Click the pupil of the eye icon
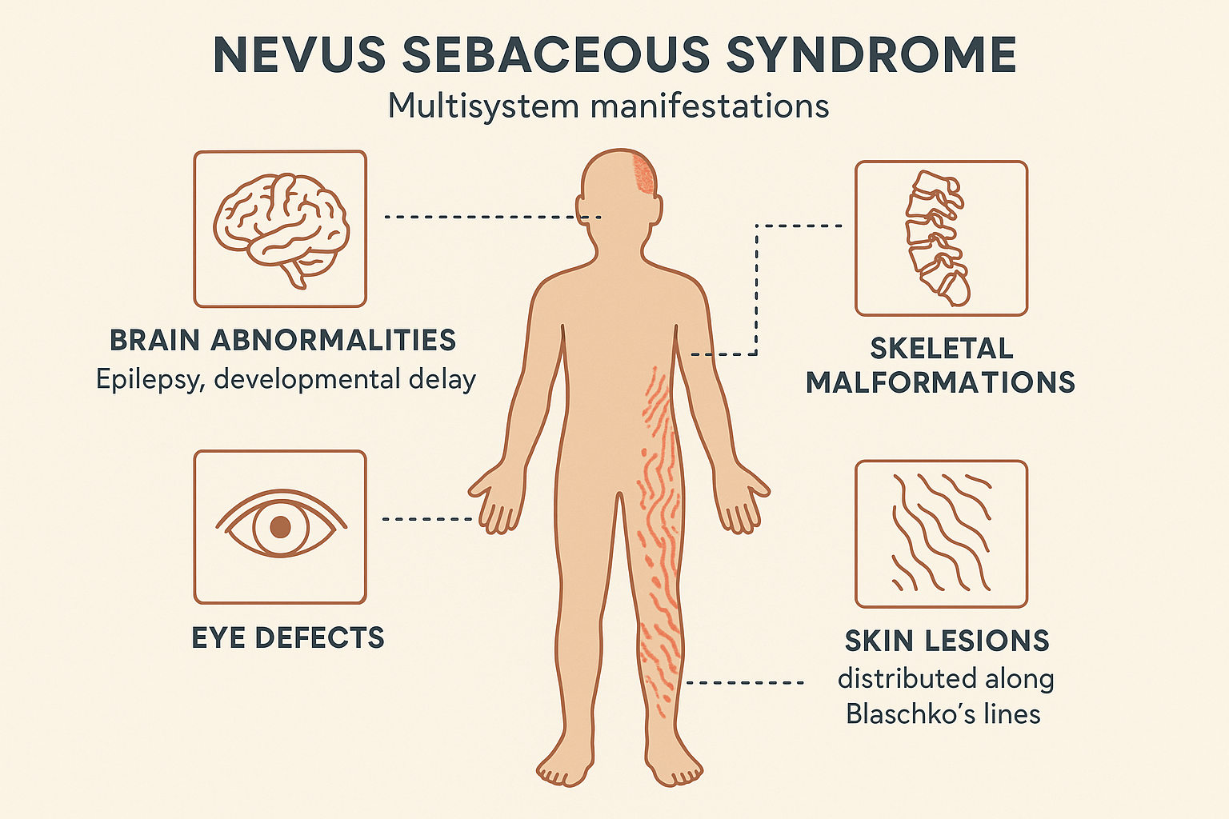point(280,527)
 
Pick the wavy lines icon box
point(941,533)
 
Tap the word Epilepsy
point(145,378)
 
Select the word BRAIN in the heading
point(154,341)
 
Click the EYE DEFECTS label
point(288,638)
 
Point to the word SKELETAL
point(941,349)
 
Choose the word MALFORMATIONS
point(940,383)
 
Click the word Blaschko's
point(900,713)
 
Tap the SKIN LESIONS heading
point(947,641)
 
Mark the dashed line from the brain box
point(492,217)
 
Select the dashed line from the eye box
point(428,519)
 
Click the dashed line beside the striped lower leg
point(744,683)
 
